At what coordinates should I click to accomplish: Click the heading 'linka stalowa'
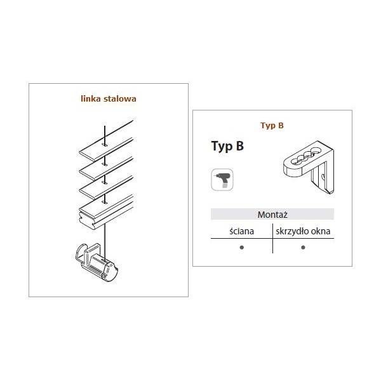109,98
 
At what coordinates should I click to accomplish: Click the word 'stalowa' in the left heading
120,98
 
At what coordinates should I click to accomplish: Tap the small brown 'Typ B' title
272,125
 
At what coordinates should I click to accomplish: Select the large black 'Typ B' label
227,146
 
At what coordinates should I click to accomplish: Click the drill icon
222,180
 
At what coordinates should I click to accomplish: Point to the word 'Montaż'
272,215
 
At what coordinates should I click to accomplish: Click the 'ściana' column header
242,231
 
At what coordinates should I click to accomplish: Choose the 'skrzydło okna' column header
303,231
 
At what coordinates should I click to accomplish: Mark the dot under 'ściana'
241,248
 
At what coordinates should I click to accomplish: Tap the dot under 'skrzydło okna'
303,248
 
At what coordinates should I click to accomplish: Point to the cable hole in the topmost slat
105,145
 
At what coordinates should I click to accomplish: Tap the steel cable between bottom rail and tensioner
105,242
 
